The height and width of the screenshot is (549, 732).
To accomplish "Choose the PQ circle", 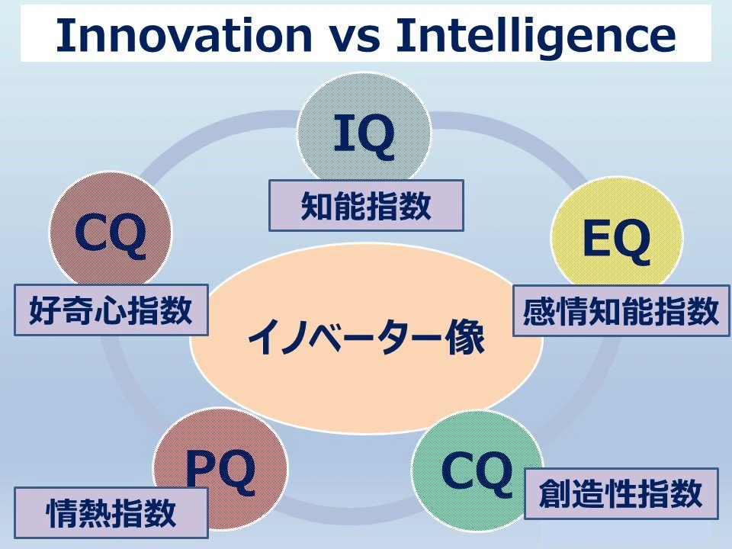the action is coord(220,462).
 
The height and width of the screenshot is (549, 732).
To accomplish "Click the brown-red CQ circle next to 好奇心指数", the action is coord(111,230).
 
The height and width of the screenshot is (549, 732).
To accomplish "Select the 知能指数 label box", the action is coord(366,205).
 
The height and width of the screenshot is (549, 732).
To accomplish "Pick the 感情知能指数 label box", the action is coord(621,311).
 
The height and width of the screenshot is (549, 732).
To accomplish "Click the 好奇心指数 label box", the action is coord(111,310).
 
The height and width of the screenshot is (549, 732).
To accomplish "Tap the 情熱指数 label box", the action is coord(111,512).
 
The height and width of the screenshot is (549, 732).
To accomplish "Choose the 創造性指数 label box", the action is coord(621,493).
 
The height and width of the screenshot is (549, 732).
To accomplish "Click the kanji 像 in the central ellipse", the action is coord(465,338).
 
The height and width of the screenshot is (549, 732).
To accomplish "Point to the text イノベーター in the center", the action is coord(345,338).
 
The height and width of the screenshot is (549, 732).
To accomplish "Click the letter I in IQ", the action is coord(344,133).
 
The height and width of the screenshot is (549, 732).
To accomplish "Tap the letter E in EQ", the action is coord(596,239).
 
